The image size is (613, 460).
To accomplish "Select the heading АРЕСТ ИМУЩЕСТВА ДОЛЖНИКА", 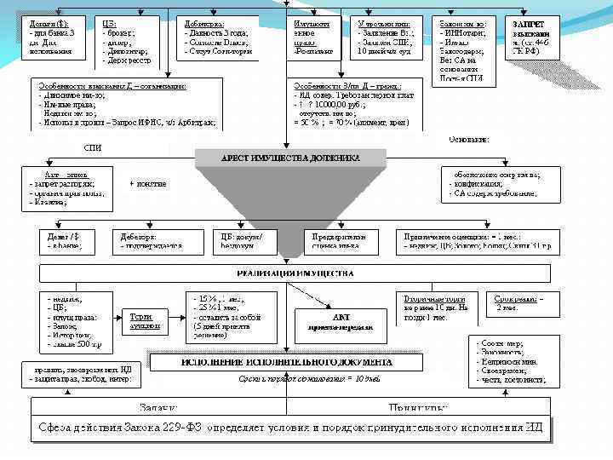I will click(x=290, y=158).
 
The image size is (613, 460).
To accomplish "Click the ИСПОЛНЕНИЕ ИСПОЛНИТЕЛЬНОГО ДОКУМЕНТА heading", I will click(x=286, y=362).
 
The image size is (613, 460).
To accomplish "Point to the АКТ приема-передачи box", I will click(x=341, y=319).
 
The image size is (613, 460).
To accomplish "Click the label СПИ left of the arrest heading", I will click(x=92, y=147).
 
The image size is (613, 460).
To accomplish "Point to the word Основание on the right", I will click(x=469, y=140).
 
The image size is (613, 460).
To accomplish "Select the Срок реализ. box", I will click(x=518, y=303).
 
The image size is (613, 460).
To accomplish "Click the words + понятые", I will click(x=148, y=183).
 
